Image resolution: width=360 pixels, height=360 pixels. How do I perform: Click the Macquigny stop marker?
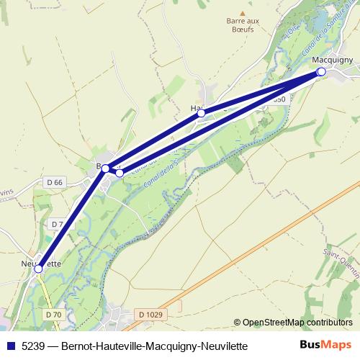pos(321,72)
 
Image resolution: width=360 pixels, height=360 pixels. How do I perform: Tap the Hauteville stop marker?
pos(202,113)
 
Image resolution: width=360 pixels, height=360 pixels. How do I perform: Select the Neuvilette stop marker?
pos(39,268)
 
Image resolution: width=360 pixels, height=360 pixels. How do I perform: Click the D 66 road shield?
pos(54,182)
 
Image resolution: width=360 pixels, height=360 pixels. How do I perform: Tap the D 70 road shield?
pos(53,315)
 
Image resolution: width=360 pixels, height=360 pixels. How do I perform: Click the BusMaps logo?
pos(327,345)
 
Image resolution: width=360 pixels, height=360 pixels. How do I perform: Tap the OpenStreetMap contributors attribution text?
pos(297,322)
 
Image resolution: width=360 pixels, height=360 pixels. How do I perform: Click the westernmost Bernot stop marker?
pos(106,168)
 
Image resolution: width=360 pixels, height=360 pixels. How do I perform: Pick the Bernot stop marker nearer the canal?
pos(120,173)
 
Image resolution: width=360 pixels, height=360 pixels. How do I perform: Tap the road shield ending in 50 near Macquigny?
pos(279,99)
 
